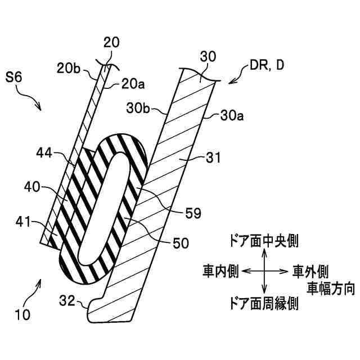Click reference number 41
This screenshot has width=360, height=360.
(24, 224)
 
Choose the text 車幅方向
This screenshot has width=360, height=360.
(330, 289)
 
